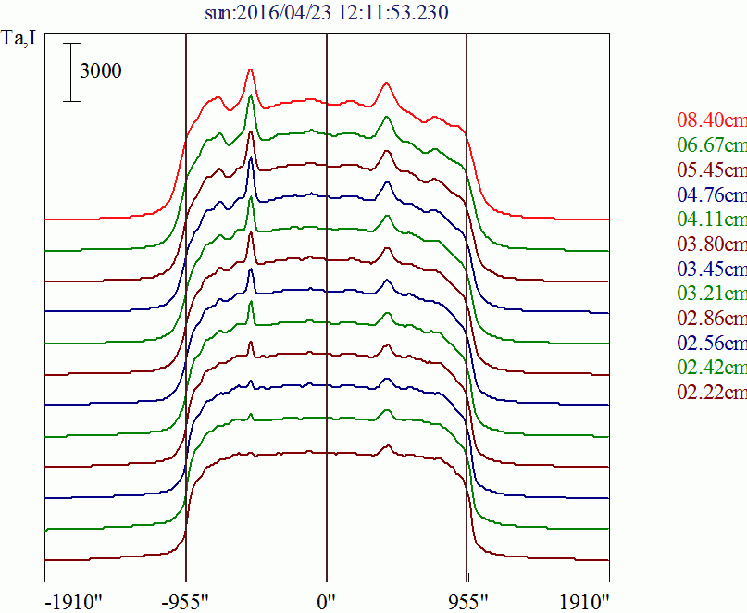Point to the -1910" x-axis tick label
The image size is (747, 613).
click(74, 601)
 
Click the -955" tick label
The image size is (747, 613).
click(186, 601)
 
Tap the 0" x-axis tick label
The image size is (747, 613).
click(327, 601)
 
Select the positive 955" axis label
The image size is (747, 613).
click(467, 601)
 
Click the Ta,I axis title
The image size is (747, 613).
click(19, 40)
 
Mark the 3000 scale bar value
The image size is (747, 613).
click(100, 71)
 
